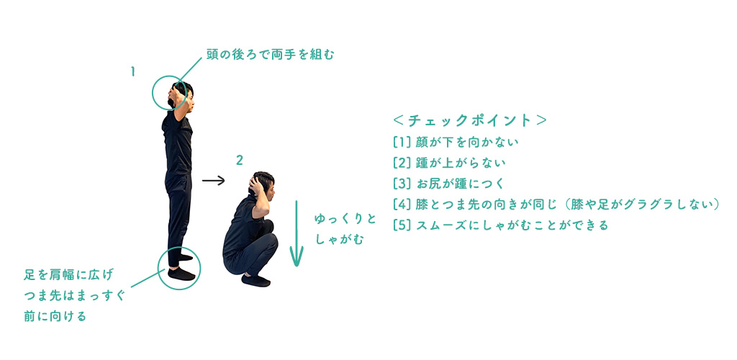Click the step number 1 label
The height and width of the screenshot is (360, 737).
(133, 72)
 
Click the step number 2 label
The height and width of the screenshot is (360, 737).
(239, 161)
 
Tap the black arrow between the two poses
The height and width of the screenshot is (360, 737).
(213, 181)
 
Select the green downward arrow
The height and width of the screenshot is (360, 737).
(296, 233)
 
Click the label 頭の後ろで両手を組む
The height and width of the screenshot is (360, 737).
(271, 55)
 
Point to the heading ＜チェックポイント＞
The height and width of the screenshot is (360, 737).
(469, 121)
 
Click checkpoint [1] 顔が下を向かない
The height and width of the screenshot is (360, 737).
(456, 142)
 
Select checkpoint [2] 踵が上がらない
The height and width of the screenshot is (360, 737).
(449, 163)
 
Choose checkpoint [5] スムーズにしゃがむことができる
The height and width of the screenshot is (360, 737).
(501, 225)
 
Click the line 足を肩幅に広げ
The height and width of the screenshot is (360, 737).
(68, 275)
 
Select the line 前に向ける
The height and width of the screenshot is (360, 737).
(55, 316)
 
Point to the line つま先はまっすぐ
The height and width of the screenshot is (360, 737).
(74, 296)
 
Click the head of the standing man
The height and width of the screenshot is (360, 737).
(181, 94)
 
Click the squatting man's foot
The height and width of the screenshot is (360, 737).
(256, 281)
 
